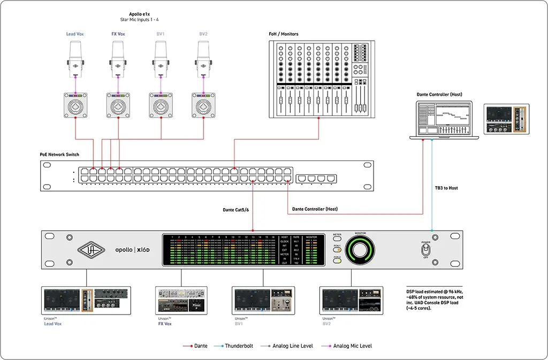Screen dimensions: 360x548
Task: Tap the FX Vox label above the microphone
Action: pyautogui.click(x=118, y=34)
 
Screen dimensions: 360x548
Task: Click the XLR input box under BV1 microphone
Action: pyautogui.click(x=161, y=105)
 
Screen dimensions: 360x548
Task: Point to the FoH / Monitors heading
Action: pyautogui.click(x=284, y=34)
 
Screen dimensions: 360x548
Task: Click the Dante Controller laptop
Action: pyautogui.click(x=444, y=120)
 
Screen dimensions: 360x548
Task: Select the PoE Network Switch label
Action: pyautogui.click(x=59, y=155)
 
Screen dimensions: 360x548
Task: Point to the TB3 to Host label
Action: pyautogui.click(x=446, y=188)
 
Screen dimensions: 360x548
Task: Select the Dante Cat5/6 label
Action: pyautogui.click(x=235, y=210)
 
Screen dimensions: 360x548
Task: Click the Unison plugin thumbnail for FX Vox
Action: pyautogui.click(x=181, y=300)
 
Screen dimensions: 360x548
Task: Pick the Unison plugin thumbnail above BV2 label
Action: pyautogui.click(x=351, y=300)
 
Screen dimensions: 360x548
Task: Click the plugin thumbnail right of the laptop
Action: pyautogui.click(x=506, y=119)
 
